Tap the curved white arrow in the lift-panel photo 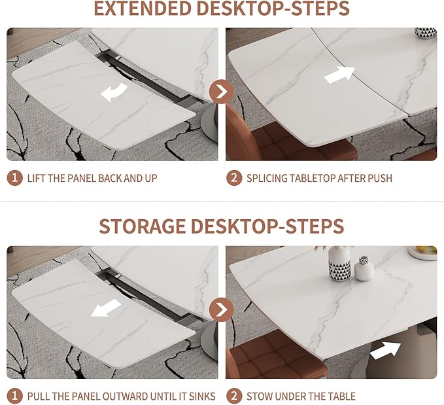pos(114,93)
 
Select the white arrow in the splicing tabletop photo pos(339,75)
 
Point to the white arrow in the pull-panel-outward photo pos(106,308)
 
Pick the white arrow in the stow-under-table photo pos(385,351)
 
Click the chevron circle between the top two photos pos(222,92)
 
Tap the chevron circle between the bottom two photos pos(222,309)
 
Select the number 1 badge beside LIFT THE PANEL pos(14,178)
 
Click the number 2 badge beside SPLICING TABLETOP pos(233,178)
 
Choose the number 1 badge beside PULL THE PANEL pos(14,396)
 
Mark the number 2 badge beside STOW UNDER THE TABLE pos(233,396)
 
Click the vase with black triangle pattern pos(339,263)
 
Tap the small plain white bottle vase pos(364,268)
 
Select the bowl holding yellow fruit pos(422,252)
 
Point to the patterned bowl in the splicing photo pos(425,33)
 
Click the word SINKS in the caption pos(197,396)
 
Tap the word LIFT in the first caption pos(37,178)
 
